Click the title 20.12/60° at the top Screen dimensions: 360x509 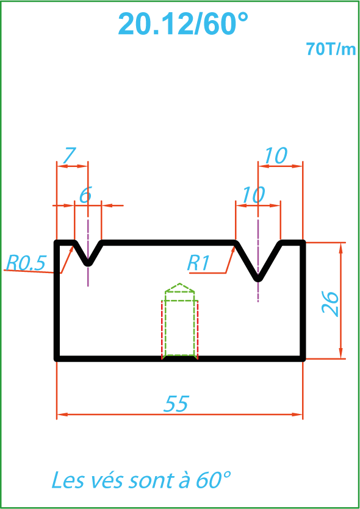[183, 24]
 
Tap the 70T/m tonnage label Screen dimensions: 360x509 [331, 49]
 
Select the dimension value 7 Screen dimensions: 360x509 [70, 155]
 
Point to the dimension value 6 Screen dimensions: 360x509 [85, 196]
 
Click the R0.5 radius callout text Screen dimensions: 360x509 [26, 263]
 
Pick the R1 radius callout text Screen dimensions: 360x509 [198, 263]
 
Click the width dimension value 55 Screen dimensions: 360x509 [176, 404]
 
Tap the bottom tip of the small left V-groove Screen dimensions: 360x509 [88, 263]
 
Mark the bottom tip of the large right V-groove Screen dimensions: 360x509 [258, 279]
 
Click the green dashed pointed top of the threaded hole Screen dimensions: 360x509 [179, 288]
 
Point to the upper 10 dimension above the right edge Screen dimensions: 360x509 [276, 156]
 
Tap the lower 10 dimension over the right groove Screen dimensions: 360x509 [253, 196]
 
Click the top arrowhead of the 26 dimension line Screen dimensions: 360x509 [341, 247]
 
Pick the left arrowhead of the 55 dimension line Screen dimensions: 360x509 [62, 415]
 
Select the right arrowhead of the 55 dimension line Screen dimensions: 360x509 [297, 415]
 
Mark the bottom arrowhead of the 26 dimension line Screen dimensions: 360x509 [341, 354]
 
